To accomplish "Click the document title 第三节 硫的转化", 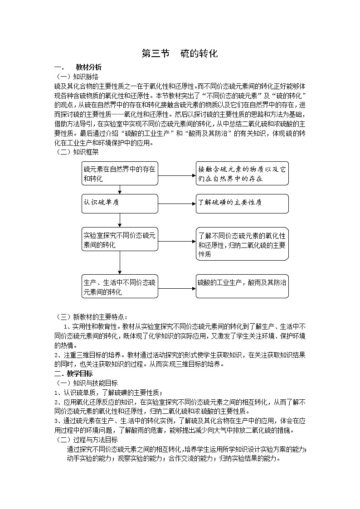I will click(180, 53).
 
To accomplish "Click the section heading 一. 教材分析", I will click(78, 67).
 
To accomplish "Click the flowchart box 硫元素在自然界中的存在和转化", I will click(120, 174).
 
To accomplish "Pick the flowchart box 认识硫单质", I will click(120, 203).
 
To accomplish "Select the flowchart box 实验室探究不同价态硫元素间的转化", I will click(120, 240).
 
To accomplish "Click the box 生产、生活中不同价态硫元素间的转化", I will click(120, 286).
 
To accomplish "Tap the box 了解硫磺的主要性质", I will click(242, 203).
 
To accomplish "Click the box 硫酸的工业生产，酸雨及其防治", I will click(242, 286).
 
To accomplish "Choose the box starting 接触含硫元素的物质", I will click(242, 174).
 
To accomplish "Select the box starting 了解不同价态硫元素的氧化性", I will click(242, 244).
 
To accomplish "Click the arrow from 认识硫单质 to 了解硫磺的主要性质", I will click(177, 204).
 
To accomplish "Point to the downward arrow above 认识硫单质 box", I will click(120, 189).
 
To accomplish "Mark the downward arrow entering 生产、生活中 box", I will click(120, 263).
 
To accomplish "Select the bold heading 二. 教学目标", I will click(73, 373).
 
